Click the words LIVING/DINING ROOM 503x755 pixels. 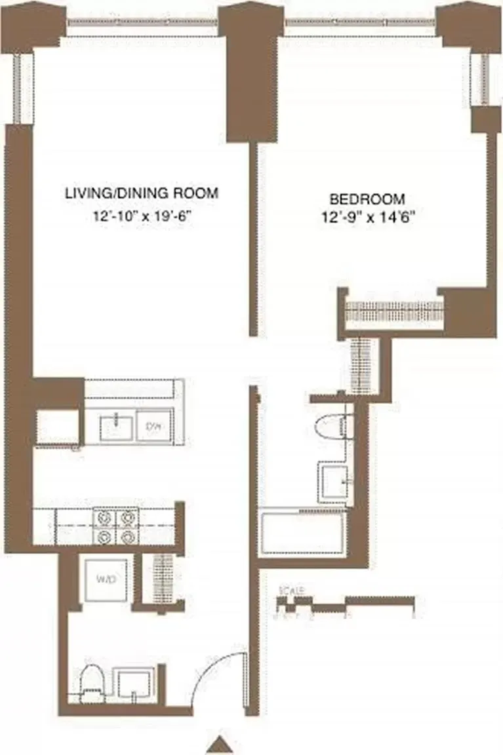[x=140, y=194]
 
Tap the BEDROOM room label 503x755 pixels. [x=367, y=199]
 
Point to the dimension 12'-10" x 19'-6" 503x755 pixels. [x=140, y=216]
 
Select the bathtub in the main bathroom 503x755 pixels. [x=302, y=532]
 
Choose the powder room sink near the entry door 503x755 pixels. [x=134, y=684]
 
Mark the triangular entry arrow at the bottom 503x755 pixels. [x=224, y=745]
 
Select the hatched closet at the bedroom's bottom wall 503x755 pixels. [x=393, y=313]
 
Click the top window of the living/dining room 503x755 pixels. [x=142, y=22]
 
